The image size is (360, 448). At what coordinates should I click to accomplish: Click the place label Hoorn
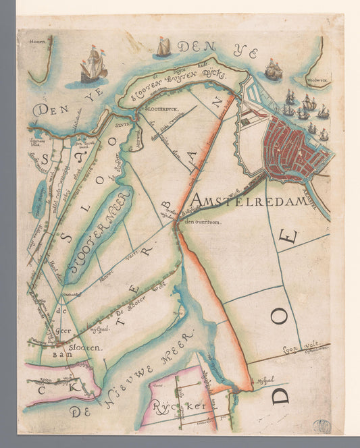click(36, 42)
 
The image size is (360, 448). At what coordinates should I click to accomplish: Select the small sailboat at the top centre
click(163, 47)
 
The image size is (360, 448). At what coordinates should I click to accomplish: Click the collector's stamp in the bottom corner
click(322, 426)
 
